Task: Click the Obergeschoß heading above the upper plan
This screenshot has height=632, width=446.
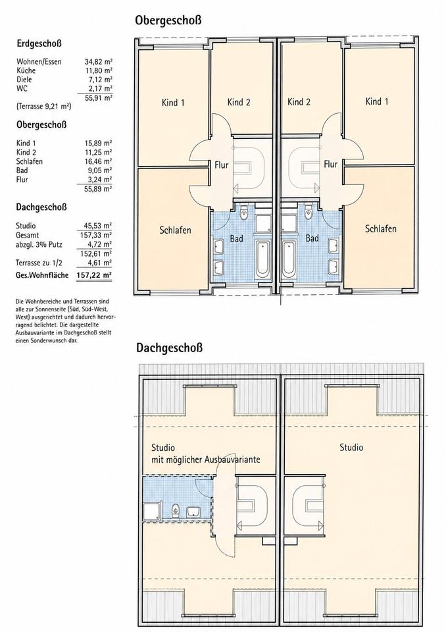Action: tap(168, 20)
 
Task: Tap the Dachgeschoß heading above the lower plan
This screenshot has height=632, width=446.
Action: tap(169, 348)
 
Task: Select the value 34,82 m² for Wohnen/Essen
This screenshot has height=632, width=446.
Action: tap(98, 62)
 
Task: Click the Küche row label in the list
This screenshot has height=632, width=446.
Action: tap(26, 70)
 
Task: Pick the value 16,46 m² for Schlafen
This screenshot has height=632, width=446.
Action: tap(98, 161)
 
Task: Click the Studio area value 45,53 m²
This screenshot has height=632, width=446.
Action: tap(97, 226)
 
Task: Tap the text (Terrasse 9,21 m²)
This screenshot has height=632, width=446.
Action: tap(44, 107)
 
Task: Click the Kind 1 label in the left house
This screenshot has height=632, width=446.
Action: tap(173, 103)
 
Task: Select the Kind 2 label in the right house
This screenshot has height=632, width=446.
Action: tap(299, 102)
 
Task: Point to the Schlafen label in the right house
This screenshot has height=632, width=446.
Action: tap(381, 228)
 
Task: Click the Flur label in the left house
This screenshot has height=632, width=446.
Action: tap(222, 165)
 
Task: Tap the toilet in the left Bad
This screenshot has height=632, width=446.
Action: tap(245, 213)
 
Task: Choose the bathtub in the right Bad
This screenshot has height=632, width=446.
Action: tap(288, 259)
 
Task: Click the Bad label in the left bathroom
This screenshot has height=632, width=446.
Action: tap(237, 238)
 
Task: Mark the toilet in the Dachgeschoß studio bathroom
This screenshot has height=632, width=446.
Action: tap(176, 510)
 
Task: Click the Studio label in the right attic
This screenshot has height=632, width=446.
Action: tap(351, 447)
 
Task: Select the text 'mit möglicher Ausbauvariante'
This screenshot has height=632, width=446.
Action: tap(205, 460)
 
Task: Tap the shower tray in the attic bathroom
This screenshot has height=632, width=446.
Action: tap(152, 510)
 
